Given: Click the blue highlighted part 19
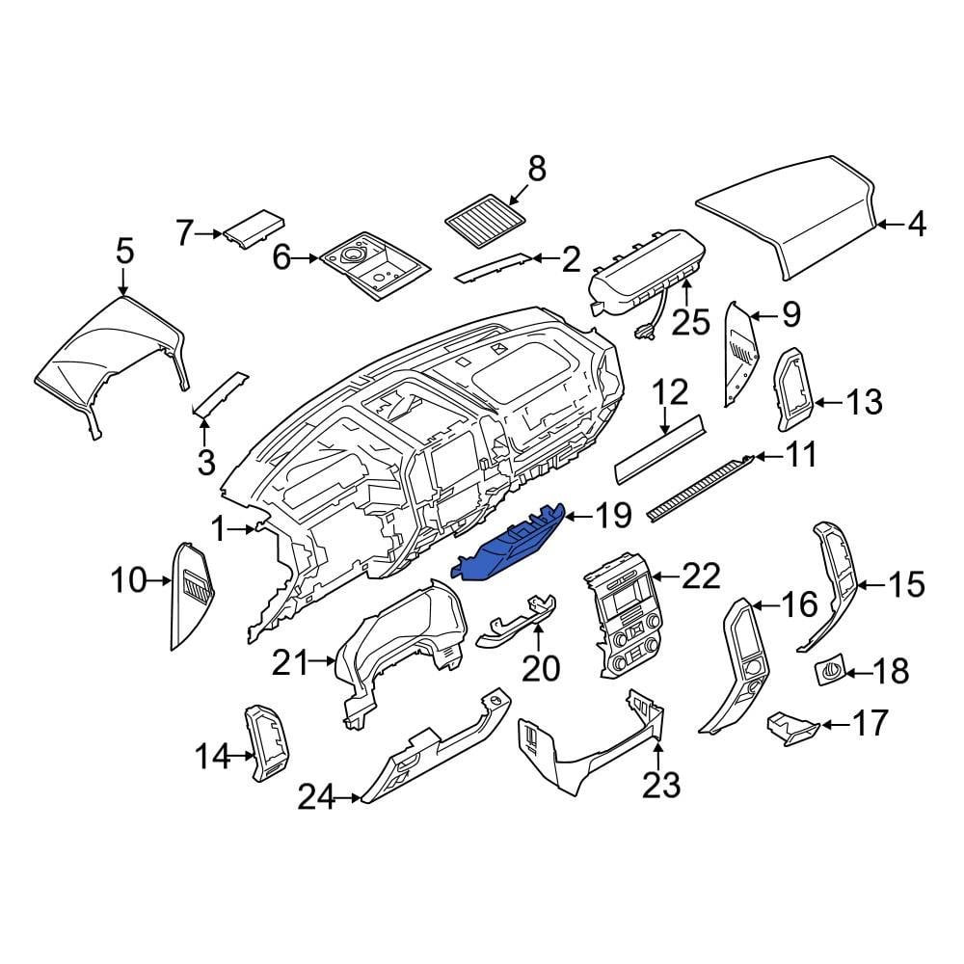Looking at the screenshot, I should [509, 547].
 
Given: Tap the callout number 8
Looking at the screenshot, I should [536, 170].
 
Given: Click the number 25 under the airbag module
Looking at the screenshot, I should [690, 321].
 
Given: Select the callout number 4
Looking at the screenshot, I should [916, 226].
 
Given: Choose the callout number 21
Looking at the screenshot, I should [290, 662].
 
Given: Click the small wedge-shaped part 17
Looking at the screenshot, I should [790, 726].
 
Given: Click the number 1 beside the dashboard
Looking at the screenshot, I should [219, 528].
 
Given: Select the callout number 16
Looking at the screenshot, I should [798, 605].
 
